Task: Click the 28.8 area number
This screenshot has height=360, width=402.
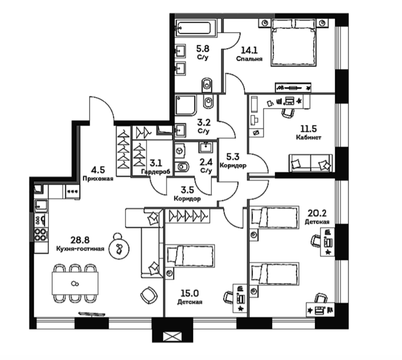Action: tap(80, 240)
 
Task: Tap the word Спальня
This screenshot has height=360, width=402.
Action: tap(249, 59)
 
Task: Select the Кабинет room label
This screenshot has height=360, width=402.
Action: tap(309, 137)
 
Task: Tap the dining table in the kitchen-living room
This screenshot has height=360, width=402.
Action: tap(75, 283)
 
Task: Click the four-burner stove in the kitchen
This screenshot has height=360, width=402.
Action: tap(41, 235)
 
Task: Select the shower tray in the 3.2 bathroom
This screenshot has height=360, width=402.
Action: tap(186, 105)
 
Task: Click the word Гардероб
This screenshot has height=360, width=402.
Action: tap(156, 172)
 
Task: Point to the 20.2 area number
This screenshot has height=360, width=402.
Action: tap(317, 213)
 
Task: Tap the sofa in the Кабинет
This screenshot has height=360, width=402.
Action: tap(310, 163)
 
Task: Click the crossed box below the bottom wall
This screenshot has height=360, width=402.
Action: tap(172, 336)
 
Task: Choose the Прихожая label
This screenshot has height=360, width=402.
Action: tap(98, 178)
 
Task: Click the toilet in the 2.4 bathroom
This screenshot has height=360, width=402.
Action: tap(182, 168)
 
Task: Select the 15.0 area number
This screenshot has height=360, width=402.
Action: tap(190, 293)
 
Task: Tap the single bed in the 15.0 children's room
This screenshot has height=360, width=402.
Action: tap(190, 256)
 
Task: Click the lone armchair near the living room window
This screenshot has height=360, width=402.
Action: tap(149, 295)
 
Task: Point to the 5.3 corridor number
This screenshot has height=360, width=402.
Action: tap(233, 156)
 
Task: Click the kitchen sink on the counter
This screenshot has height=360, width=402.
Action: tap(41, 206)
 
